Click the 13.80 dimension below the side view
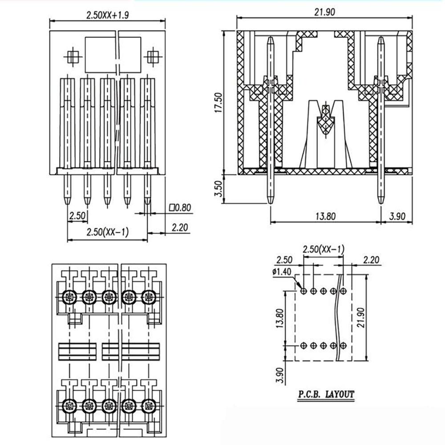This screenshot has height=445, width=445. point(325,217)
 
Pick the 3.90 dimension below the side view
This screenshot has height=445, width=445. point(397,217)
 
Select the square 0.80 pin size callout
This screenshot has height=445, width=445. point(180,207)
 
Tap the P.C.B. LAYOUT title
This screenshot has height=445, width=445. point(327,394)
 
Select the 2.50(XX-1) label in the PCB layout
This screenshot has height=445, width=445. point(323,249)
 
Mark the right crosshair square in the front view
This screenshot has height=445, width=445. point(153,57)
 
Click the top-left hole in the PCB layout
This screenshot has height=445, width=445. point(303,291)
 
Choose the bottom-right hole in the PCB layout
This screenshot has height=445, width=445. point(343,345)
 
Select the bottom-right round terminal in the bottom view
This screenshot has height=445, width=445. point(149,405)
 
